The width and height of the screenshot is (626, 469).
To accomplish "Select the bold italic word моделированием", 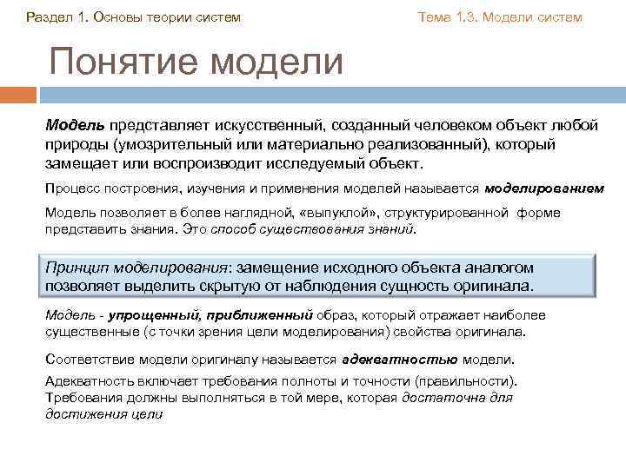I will coord(544,187).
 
